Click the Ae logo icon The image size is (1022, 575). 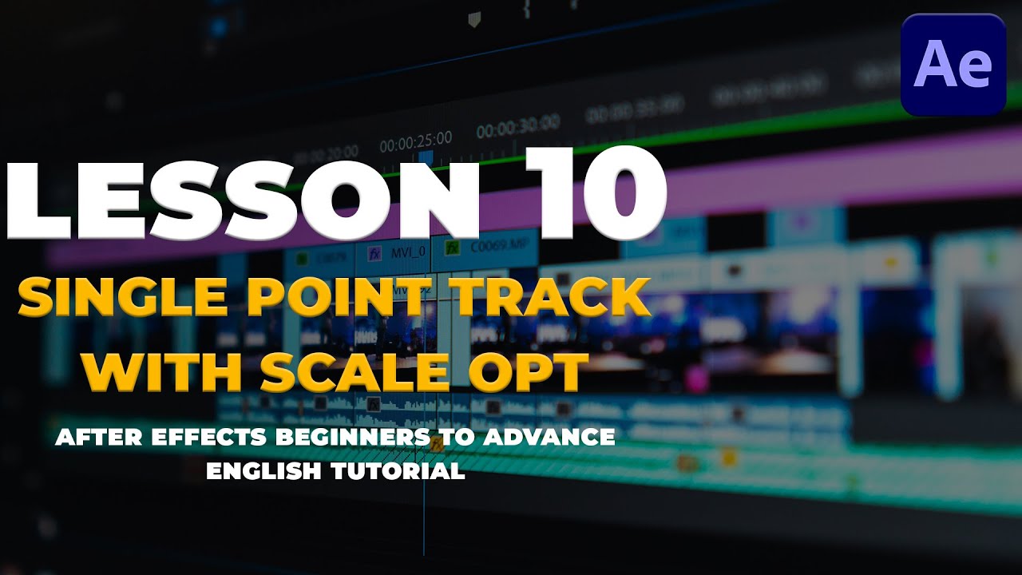pyautogui.click(x=953, y=65)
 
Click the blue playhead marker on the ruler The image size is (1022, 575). pyautogui.click(x=426, y=159)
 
